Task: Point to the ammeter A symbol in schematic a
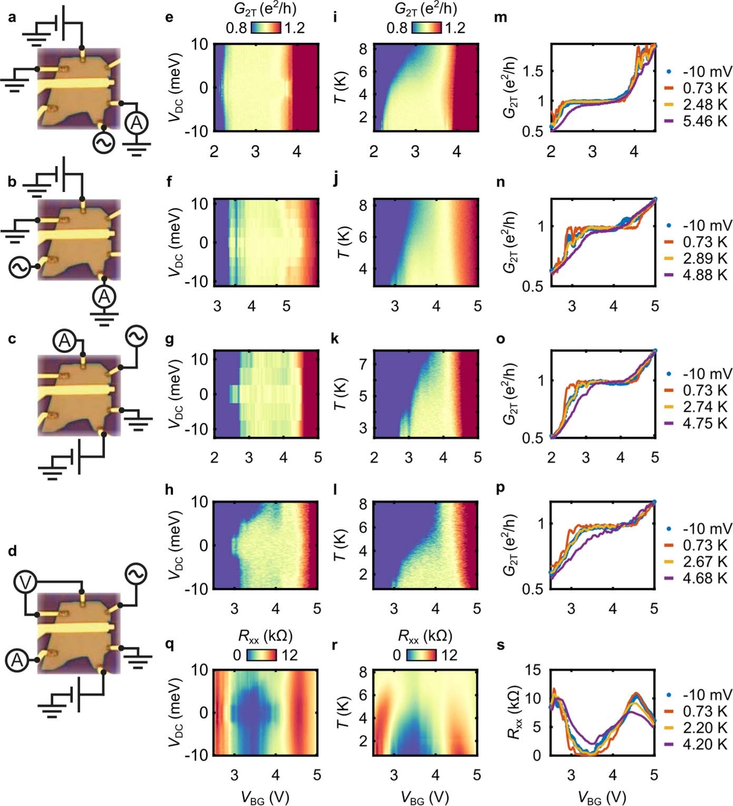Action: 136,123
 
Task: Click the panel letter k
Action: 334,339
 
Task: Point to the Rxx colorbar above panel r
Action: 422,655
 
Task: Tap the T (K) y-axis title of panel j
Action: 343,242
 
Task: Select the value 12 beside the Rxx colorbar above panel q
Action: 289,655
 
